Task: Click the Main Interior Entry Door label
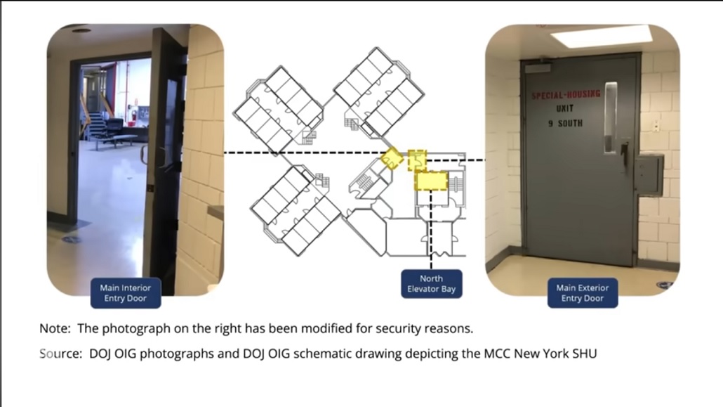[125, 292]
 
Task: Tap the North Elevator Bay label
[431, 284]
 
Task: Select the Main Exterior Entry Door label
[582, 292]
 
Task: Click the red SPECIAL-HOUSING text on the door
[565, 95]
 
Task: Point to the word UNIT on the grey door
[564, 110]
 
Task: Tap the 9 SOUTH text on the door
[565, 124]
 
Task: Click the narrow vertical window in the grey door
[611, 117]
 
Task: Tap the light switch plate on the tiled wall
[656, 127]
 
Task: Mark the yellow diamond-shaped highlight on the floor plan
[392, 159]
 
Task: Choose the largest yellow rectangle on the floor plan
[432, 181]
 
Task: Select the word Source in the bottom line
[59, 354]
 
